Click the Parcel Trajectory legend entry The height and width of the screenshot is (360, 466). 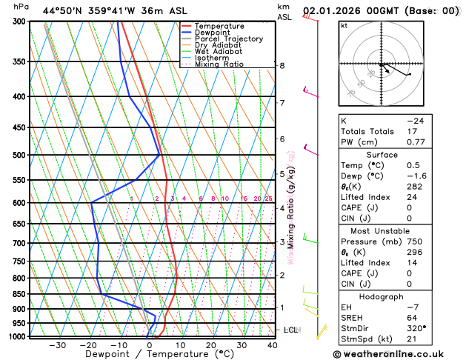pyautogui.click(x=228, y=39)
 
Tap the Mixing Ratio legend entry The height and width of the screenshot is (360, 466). pyautogui.click(x=219, y=64)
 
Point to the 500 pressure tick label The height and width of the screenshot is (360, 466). pyautogui.click(x=18, y=155)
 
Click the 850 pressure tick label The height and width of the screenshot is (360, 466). pyautogui.click(x=18, y=294)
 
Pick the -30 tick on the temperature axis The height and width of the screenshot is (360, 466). pyautogui.click(x=57, y=345)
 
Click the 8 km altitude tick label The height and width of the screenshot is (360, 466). pyautogui.click(x=282, y=66)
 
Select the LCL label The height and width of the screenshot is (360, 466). pyautogui.click(x=291, y=330)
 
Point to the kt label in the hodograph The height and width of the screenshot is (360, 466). pyautogui.click(x=344, y=25)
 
